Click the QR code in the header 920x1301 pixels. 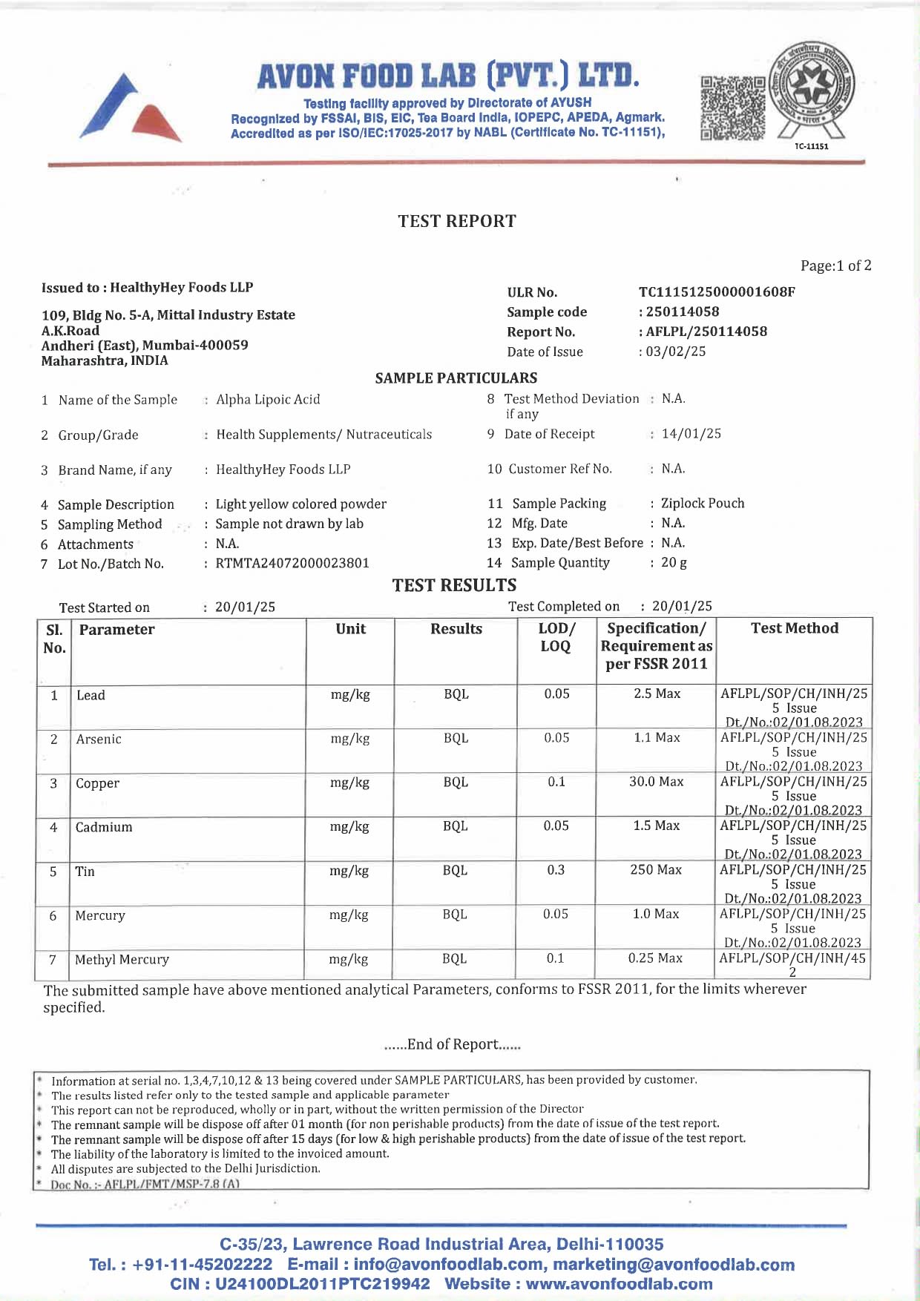click(732, 108)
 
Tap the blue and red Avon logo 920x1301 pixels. click(130, 108)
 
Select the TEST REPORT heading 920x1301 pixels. click(456, 221)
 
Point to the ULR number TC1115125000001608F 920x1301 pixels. click(716, 292)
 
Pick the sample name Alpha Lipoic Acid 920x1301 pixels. click(268, 399)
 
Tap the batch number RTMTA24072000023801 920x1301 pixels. click(292, 563)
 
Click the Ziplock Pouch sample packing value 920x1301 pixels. click(702, 504)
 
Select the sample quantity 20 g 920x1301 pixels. click(674, 562)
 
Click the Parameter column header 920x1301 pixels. click(116, 630)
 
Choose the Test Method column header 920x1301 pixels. click(794, 628)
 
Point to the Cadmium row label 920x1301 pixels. click(104, 827)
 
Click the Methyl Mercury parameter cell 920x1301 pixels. click(122, 960)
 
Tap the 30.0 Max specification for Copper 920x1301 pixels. click(656, 782)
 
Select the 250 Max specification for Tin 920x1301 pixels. click(655, 869)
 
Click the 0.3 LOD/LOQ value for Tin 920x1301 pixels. click(556, 869)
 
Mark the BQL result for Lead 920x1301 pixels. click(456, 694)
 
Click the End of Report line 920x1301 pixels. click(453, 1044)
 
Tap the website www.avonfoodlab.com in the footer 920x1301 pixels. click(619, 1284)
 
